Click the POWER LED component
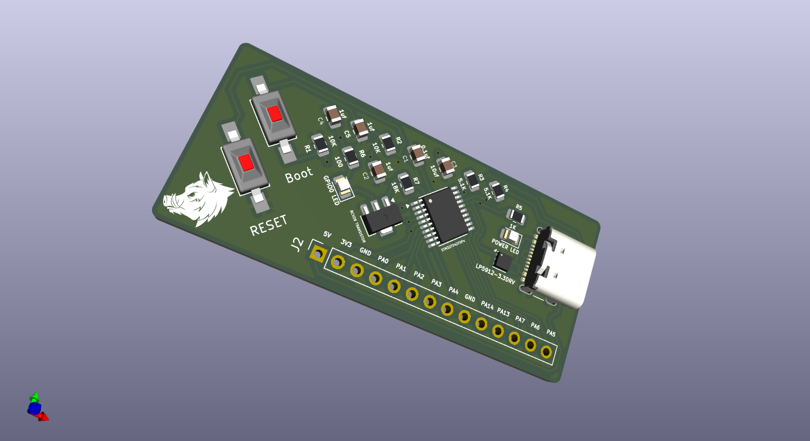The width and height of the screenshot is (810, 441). tap(512, 237)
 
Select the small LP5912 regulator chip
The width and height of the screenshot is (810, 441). tap(502, 260)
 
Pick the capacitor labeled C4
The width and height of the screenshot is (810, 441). tap(333, 116)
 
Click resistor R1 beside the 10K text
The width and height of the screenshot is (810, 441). tap(320, 144)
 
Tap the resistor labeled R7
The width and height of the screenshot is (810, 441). tap(405, 183)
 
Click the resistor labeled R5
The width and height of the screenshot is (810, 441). tap(516, 216)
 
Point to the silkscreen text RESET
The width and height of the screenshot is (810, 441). tap(268, 225)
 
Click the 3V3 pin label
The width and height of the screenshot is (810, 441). tap(346, 243)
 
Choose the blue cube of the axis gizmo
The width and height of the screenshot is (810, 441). tap(35, 408)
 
